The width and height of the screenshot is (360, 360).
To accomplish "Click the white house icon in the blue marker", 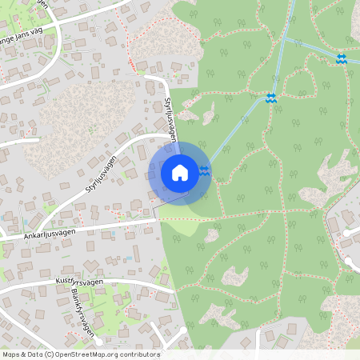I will (x=179, y=173).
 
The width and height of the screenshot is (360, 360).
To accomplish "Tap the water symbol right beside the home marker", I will (x=205, y=170).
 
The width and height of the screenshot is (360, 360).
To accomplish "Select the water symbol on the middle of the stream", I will (x=270, y=98).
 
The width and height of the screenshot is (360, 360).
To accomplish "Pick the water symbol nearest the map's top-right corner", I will (x=342, y=58).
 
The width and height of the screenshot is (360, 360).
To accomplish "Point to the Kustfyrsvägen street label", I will (x=81, y=283).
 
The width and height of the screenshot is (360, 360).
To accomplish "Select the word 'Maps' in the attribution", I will (x=10, y=354).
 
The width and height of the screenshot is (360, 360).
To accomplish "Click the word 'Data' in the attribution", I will (x=33, y=354).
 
